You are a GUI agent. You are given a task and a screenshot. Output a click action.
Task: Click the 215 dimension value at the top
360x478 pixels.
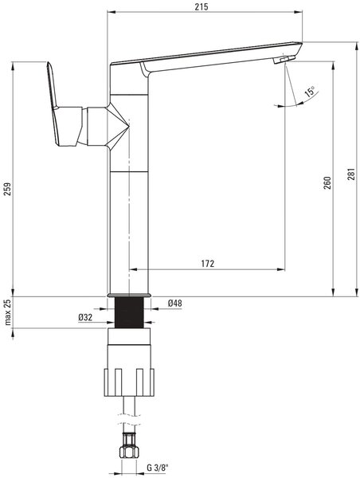pos(202,6)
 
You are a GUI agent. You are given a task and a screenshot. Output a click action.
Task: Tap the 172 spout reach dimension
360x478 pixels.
pos(208,264)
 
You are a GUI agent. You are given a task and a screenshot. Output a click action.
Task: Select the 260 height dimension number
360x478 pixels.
pos(327,182)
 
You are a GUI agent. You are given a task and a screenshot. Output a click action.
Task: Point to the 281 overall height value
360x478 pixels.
pos(351,174)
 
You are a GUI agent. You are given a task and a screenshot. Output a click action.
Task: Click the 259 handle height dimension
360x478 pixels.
pos(7,189)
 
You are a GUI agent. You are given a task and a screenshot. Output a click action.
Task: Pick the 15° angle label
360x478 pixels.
pos(310,92)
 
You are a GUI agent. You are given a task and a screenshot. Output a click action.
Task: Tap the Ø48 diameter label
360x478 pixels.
pos(174,303)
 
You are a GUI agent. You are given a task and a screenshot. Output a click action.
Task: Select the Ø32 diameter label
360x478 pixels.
pos(85,317)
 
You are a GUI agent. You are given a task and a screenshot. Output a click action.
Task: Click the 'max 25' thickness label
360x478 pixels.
pos(8,312)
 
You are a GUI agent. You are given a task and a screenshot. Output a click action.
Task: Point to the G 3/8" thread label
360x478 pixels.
pos(158,468)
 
